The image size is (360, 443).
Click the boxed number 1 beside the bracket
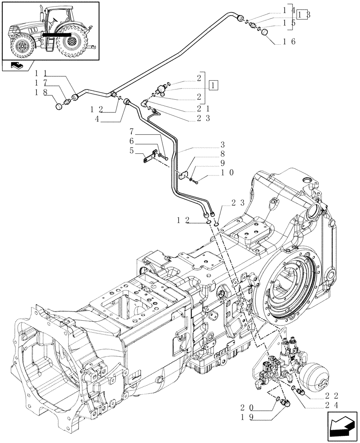[x=214, y=85]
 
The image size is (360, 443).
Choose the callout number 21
[x=204, y=109]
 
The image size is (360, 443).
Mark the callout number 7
[x=131, y=132]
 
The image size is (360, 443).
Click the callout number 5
[x=131, y=150]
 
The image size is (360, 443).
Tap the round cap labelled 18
[x=60, y=106]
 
